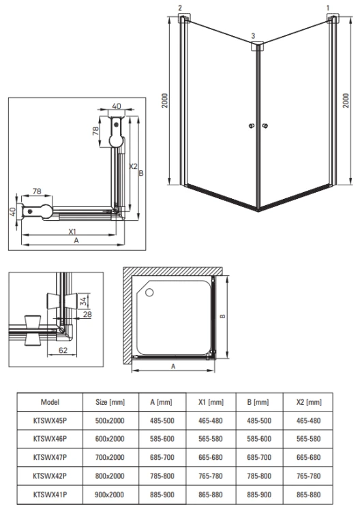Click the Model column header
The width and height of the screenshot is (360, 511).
coord(50,402)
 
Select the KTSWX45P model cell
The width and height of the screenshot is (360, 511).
coord(50,421)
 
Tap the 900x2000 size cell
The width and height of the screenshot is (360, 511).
coord(110,495)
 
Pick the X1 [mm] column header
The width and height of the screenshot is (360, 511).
coord(211,402)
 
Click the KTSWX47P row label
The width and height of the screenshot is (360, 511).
coord(50,458)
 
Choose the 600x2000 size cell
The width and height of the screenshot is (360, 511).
coord(110,439)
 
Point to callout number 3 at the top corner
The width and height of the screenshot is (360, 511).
coord(254,36)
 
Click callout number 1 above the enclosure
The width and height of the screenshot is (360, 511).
coord(328,7)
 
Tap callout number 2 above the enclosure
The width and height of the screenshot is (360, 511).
coord(180,7)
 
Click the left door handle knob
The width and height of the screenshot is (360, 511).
coord(252,125)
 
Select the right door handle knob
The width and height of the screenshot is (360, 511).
coord(265,125)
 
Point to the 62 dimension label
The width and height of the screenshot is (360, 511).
coord(63,350)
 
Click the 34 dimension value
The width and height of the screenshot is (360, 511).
coord(84,300)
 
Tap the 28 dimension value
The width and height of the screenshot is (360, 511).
coord(87,315)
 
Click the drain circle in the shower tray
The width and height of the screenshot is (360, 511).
coord(149,292)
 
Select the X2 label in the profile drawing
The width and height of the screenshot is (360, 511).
coord(133,166)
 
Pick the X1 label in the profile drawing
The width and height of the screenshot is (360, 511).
coord(72,232)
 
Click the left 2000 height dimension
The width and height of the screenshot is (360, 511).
coord(165,100)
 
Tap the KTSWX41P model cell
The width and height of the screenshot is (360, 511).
coord(50,495)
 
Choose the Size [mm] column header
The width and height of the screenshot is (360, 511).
coord(110,402)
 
